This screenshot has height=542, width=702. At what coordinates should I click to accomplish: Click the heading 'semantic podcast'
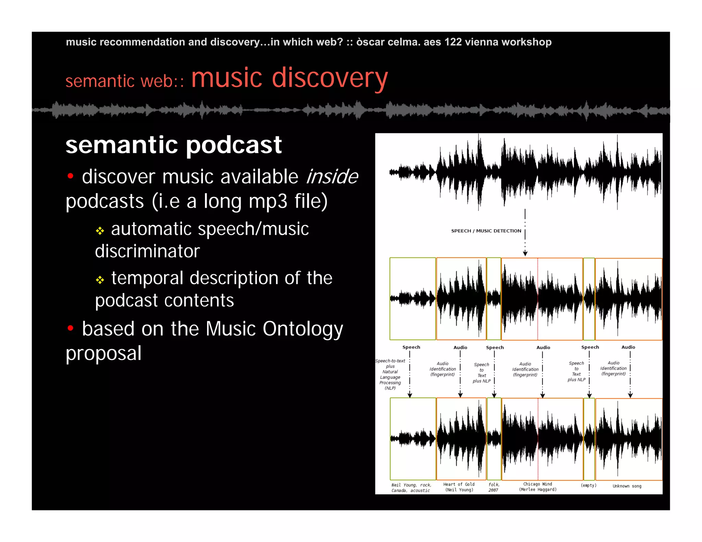[x=173, y=145]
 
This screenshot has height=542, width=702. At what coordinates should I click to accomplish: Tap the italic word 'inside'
[x=332, y=177]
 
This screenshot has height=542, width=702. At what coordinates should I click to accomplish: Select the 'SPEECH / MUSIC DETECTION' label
[x=486, y=231]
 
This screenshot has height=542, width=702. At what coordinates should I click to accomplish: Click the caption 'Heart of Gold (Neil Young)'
[x=459, y=487]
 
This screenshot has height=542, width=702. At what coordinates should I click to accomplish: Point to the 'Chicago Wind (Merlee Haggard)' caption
[x=537, y=487]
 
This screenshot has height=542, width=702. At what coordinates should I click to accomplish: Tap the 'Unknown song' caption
[x=627, y=486]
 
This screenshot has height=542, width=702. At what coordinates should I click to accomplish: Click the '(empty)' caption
[x=588, y=485]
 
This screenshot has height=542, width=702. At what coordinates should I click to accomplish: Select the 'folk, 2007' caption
[x=494, y=487]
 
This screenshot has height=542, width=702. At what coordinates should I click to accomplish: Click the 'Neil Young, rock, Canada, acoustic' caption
[x=411, y=488]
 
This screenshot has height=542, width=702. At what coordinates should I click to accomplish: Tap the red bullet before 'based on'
[x=71, y=328]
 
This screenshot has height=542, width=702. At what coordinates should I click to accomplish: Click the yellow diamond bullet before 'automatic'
[x=100, y=231]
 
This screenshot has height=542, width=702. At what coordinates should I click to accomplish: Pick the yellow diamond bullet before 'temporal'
[x=100, y=280]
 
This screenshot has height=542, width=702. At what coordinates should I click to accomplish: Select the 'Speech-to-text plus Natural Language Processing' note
[x=390, y=374]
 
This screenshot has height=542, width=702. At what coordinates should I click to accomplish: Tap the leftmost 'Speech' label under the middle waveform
[x=411, y=347]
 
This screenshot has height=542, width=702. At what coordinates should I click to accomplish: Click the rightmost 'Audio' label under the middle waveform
[x=628, y=347]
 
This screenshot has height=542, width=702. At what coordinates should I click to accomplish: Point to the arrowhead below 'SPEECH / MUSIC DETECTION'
[x=525, y=254]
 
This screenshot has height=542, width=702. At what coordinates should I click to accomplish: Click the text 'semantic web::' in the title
[x=125, y=81]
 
